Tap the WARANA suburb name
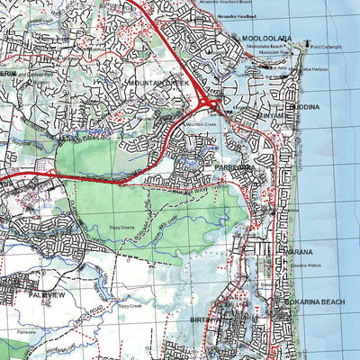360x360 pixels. (x=298, y=251)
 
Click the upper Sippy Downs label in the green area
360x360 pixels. (x=122, y=227)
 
